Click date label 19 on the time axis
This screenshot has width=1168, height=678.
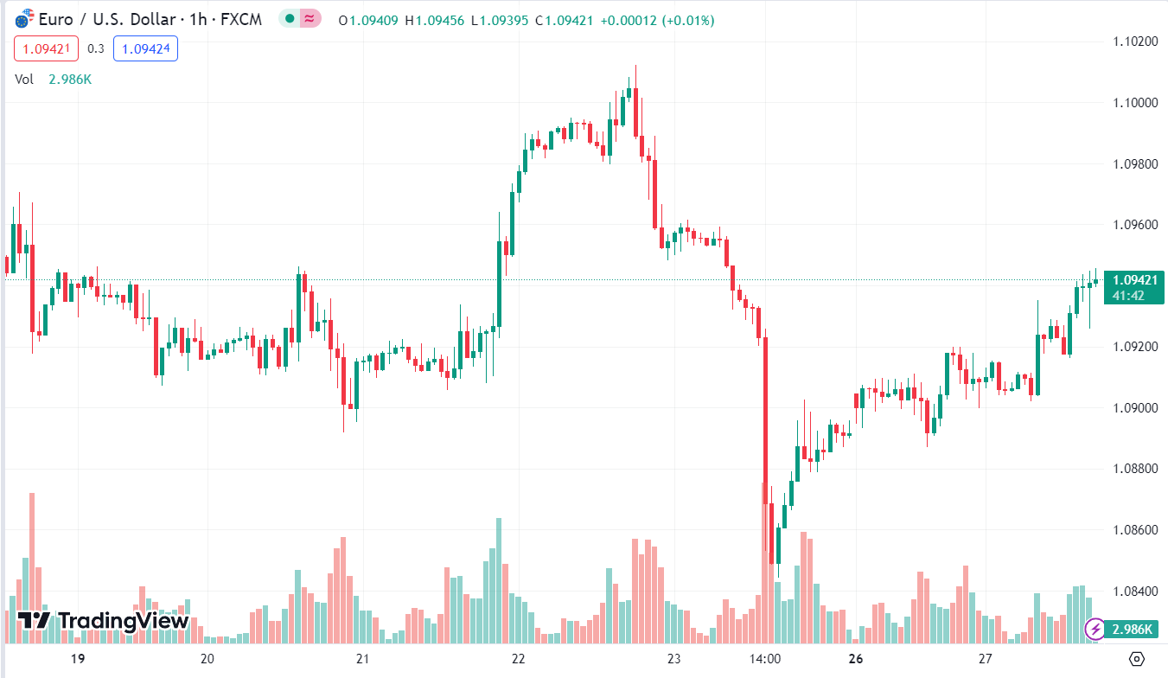pos(78,658)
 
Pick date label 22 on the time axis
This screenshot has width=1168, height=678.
pos(518,658)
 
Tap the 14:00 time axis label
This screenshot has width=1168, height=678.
pos(766,658)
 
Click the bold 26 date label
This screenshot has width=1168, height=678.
pos(856,658)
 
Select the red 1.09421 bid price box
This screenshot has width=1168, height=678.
pos(46,48)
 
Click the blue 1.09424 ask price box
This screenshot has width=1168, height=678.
pos(145,48)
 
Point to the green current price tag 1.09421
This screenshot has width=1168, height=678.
pos(1135,280)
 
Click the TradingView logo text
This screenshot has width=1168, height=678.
pos(103,620)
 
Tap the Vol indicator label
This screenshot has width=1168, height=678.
pos(24,79)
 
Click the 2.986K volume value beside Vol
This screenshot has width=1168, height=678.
pos(69,79)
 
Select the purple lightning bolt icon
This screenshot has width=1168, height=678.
pos(1095,629)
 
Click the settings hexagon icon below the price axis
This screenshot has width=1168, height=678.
pos(1137,658)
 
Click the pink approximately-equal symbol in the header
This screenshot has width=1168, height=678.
pos(308,19)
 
